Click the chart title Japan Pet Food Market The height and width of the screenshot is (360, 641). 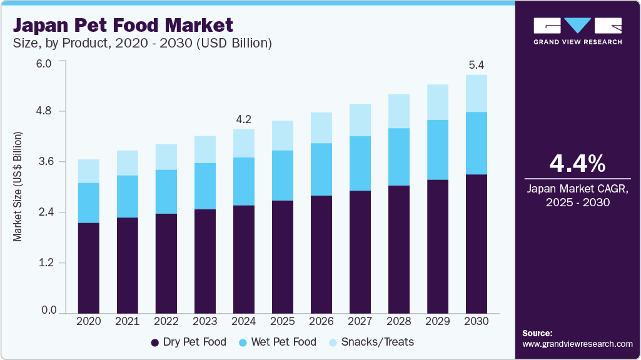tap(123, 26)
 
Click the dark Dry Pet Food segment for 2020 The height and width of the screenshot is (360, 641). tap(88, 267)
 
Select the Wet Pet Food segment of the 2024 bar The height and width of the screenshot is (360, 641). tap(243, 181)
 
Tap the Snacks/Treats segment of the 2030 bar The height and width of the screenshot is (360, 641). tap(476, 94)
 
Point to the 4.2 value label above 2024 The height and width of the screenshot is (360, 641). tap(243, 119)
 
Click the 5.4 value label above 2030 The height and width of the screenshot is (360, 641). tap(476, 65)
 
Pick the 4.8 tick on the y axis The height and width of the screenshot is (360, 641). tap(48, 111)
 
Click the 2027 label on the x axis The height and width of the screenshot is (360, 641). tap(360, 321)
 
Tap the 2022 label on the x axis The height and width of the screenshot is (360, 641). tap(166, 321)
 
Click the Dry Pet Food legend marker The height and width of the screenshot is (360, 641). tap(154, 342)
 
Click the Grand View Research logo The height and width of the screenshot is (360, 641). tap(577, 31)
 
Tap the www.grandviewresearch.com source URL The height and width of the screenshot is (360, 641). tap(577, 344)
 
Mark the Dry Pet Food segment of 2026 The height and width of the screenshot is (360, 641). tap(321, 254)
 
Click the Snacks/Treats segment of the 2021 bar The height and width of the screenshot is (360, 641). tap(127, 162)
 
